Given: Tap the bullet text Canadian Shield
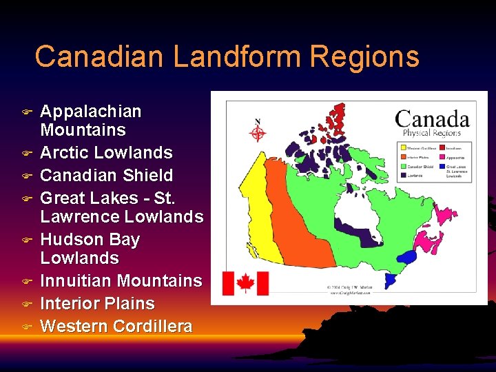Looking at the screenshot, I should tap(107, 175).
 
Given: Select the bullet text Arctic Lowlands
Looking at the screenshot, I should tap(107, 152).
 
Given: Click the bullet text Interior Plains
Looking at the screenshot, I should tap(98, 303).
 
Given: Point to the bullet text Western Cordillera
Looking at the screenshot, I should tap(116, 326).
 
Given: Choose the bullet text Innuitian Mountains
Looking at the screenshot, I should tap(121, 280).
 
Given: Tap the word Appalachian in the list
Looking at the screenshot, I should tap(91, 112).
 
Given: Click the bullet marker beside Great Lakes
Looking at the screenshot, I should tap(27, 198).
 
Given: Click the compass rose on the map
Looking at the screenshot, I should tap(258, 131).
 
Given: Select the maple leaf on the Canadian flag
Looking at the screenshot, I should tap(245, 283).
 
